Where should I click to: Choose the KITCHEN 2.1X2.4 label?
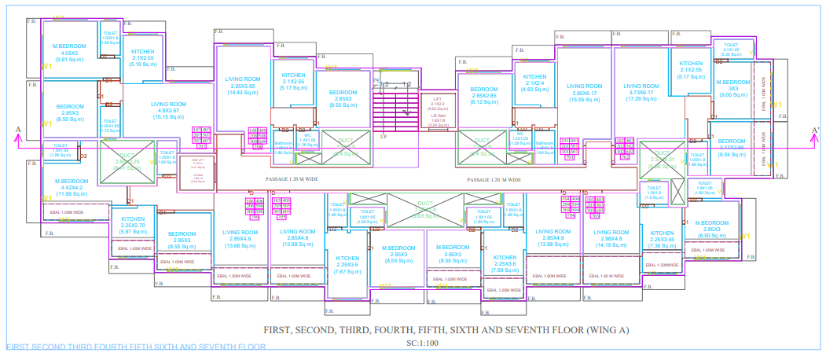click(534, 83)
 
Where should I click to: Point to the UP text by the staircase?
click(384, 136)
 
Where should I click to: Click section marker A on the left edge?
click(17, 129)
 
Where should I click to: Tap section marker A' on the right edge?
click(815, 130)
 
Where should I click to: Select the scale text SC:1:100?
click(422, 343)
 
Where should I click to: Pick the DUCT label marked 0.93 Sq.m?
click(425, 208)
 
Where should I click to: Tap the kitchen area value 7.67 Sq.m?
click(347, 271)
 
